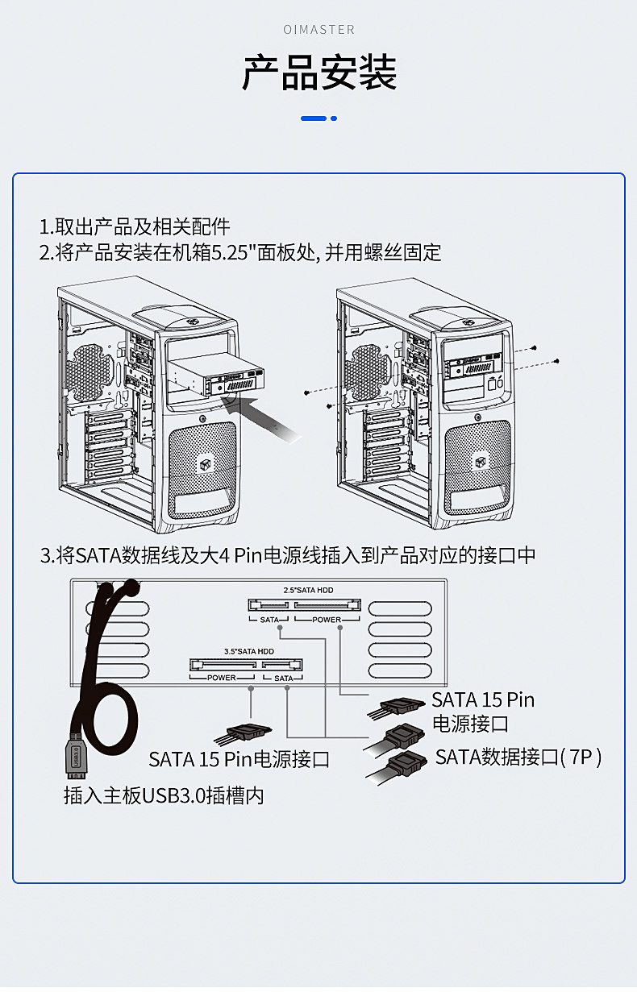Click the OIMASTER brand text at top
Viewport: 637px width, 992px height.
[x=319, y=30]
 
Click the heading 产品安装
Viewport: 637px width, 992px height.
[x=319, y=73]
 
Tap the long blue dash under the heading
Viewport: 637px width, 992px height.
[x=313, y=118]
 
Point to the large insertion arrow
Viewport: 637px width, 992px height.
[x=261, y=417]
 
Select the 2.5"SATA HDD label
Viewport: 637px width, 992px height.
[x=308, y=591]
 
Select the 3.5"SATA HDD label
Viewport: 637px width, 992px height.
[x=249, y=651]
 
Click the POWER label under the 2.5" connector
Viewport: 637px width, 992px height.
[x=327, y=620]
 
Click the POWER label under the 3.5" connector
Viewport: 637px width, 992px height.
[x=222, y=678]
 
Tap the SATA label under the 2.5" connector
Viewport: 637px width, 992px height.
[x=269, y=620]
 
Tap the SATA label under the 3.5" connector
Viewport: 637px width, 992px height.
[x=284, y=678]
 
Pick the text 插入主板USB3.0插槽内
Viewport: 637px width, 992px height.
[x=164, y=796]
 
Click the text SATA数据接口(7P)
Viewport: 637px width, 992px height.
[x=518, y=757]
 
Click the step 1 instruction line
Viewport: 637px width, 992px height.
[x=135, y=226]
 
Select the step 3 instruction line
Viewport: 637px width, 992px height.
[x=288, y=555]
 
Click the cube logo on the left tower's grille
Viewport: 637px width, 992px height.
[x=205, y=464]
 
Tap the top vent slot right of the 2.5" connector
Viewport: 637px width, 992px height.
[x=400, y=609]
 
